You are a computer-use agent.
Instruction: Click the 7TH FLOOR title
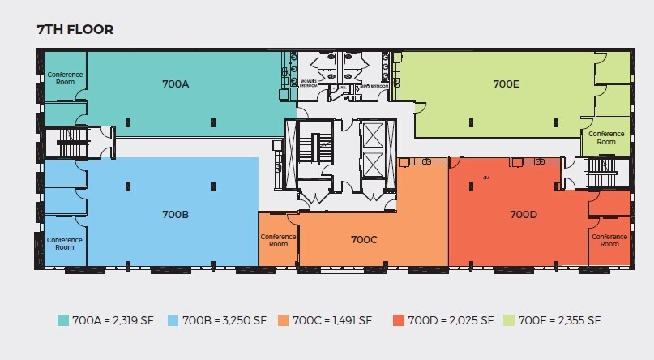pyautogui.click(x=75, y=30)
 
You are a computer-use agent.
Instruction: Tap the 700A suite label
pyautogui.click(x=175, y=84)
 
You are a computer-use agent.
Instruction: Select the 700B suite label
pyautogui.click(x=175, y=215)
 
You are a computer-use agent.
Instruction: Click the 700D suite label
pyautogui.click(x=524, y=215)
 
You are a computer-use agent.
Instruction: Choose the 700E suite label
pyautogui.click(x=506, y=84)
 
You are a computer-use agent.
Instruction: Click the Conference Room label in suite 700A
pyautogui.click(x=65, y=78)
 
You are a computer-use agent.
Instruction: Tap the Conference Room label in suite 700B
pyautogui.click(x=65, y=243)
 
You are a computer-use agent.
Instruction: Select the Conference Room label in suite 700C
pyautogui.click(x=278, y=240)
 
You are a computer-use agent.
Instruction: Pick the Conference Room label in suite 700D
pyautogui.click(x=609, y=240)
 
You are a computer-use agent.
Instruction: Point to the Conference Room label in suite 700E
pyautogui.click(x=606, y=137)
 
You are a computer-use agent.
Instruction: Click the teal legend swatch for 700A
pyautogui.click(x=62, y=319)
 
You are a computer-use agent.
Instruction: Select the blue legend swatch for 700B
pyautogui.click(x=173, y=319)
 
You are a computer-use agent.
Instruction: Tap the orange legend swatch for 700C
pyautogui.click(x=283, y=319)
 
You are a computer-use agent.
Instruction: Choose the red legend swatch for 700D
pyautogui.click(x=397, y=319)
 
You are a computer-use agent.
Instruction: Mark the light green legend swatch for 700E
pyautogui.click(x=508, y=319)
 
